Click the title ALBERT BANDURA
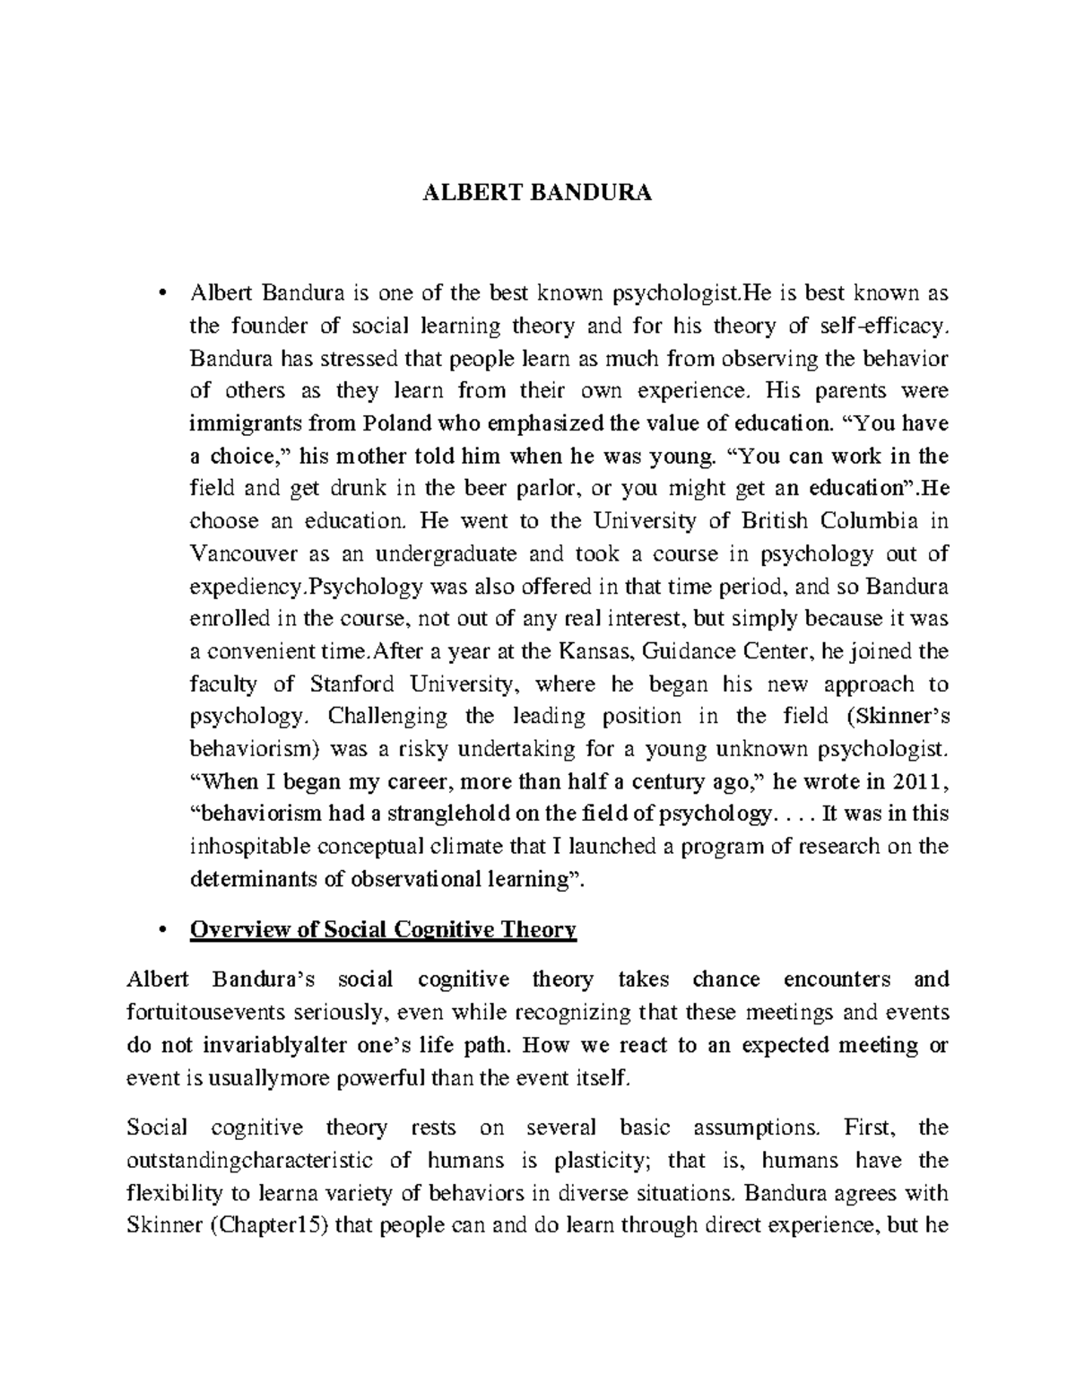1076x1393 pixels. (x=537, y=193)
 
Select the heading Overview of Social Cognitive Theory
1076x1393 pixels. (x=382, y=930)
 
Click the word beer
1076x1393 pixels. (x=461, y=489)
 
